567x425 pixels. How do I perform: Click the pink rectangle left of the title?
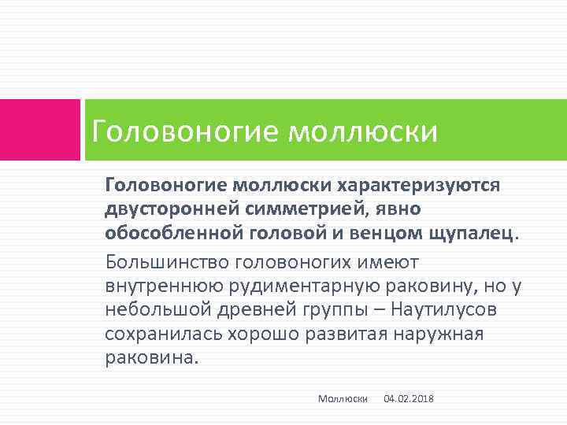pyautogui.click(x=39, y=129)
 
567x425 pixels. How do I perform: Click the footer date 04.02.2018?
pyautogui.click(x=408, y=400)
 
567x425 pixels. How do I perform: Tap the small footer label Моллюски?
pyautogui.click(x=343, y=400)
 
